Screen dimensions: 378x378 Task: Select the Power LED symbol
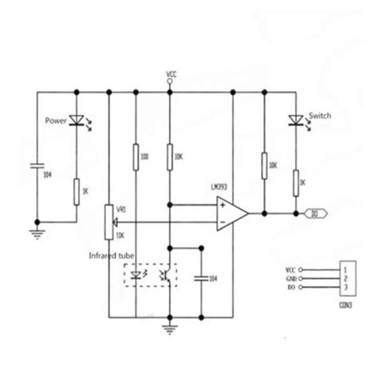click(x=77, y=121)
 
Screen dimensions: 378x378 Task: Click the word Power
click(x=55, y=122)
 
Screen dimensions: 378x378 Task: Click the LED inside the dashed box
click(x=139, y=276)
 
